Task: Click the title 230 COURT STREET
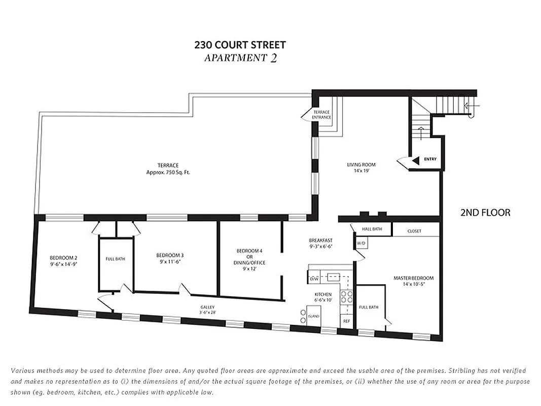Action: (240, 45)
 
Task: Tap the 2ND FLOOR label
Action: (485, 213)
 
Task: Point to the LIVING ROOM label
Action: (361, 164)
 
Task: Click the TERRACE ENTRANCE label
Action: (321, 115)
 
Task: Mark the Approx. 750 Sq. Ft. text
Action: (168, 173)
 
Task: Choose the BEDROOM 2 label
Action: (63, 257)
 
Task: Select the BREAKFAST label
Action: (320, 240)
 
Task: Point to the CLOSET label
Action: (414, 231)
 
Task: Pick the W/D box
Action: (361, 244)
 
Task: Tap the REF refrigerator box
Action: (346, 321)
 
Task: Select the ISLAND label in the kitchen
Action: (314, 316)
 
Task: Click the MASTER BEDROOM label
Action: (414, 278)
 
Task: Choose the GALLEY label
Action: (207, 307)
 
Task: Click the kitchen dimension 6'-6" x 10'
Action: (323, 300)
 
